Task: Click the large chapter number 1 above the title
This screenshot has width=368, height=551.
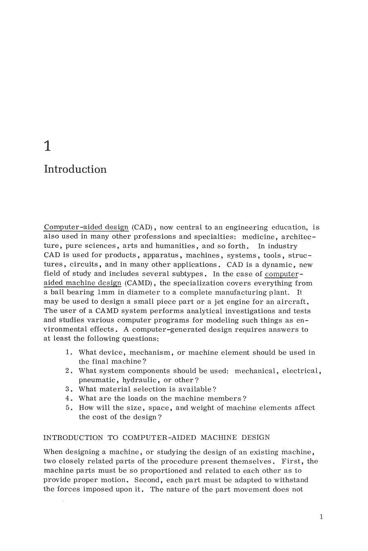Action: pyautogui.click(x=48, y=146)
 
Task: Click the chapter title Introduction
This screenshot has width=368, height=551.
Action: pyautogui.click(x=75, y=169)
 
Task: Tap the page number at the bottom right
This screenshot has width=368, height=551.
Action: pyautogui.click(x=321, y=517)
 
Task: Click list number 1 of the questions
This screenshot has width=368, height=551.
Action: pyautogui.click(x=69, y=352)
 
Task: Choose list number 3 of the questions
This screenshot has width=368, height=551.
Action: pyautogui.click(x=69, y=389)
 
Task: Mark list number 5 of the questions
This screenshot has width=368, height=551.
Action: pyautogui.click(x=69, y=408)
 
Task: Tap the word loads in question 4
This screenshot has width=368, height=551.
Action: pyautogui.click(x=147, y=398)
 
